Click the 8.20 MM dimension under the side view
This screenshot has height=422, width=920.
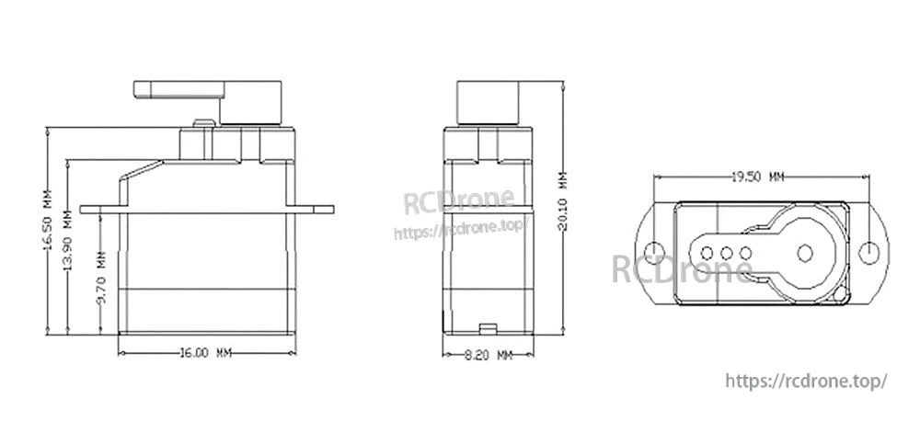[486, 353]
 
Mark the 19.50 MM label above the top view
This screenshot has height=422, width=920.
[757, 177]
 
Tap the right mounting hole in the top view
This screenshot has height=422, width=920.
[867, 250]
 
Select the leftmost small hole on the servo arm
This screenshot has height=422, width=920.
[707, 250]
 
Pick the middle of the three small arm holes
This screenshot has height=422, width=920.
[725, 250]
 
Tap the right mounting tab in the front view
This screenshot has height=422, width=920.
[313, 209]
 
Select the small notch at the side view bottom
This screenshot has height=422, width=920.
[486, 325]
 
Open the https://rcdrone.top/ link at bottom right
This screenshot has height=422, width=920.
[807, 380]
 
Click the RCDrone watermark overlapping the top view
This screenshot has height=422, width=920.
[683, 268]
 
